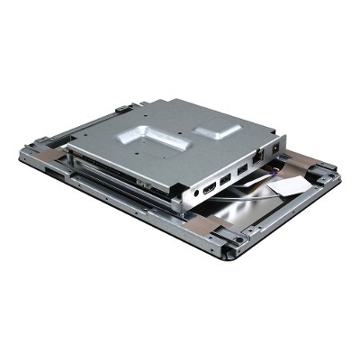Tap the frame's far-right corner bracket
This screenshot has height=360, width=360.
point(327,172)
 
